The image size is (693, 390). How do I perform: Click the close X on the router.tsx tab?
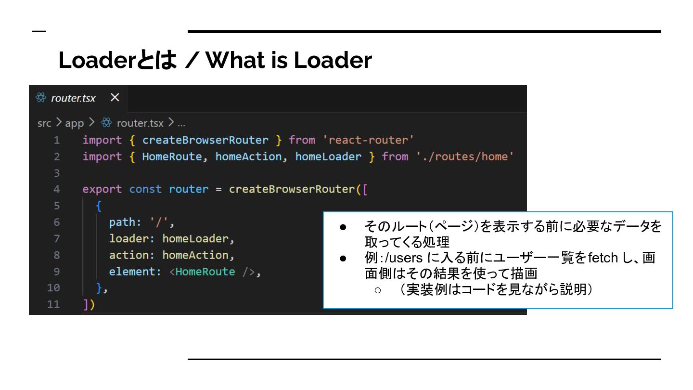coord(115,98)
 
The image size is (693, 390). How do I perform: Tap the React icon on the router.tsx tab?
coord(41,98)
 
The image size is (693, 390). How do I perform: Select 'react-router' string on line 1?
coord(368,140)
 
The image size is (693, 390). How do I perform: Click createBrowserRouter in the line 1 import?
coord(205,140)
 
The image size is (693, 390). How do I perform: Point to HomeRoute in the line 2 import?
coord(172,156)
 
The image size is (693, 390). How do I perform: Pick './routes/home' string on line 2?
coord(465,156)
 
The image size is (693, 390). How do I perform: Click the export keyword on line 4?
coord(102,189)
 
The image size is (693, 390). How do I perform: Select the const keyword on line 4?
coord(145,189)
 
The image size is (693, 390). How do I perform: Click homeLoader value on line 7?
coord(195,239)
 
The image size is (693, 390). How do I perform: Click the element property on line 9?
coord(132,272)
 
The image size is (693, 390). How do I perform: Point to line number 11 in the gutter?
coord(54,304)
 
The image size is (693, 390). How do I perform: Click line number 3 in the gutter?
coord(57,173)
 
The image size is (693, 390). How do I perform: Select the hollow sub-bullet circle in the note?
coord(378,290)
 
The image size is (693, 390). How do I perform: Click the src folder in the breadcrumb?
coord(44,123)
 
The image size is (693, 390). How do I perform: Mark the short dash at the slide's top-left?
coord(39,32)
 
